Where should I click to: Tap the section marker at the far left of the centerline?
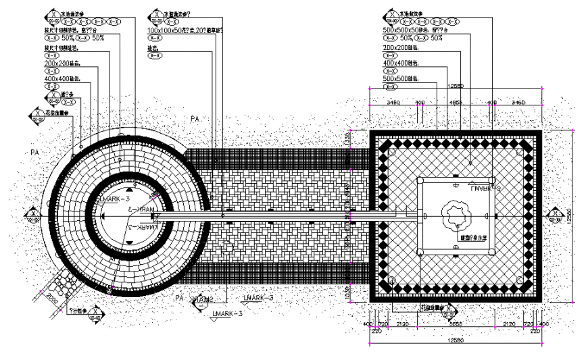tap(32, 216)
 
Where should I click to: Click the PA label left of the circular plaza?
tap(35, 153)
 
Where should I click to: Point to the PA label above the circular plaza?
tap(195, 119)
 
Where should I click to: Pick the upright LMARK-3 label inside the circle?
tap(114, 201)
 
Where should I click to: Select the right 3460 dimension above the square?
tap(518, 102)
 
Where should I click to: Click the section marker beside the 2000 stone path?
tap(95, 317)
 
